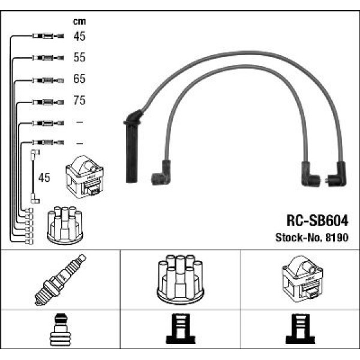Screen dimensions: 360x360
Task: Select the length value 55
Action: (x=79, y=58)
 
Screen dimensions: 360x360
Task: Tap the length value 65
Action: (x=79, y=79)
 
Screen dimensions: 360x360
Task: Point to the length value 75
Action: (x=79, y=101)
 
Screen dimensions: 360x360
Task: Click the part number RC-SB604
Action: (x=314, y=220)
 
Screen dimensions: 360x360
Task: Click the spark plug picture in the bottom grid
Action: (x=61, y=280)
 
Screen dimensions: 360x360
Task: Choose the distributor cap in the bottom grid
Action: (x=180, y=280)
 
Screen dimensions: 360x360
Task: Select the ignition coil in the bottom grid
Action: (x=299, y=280)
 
